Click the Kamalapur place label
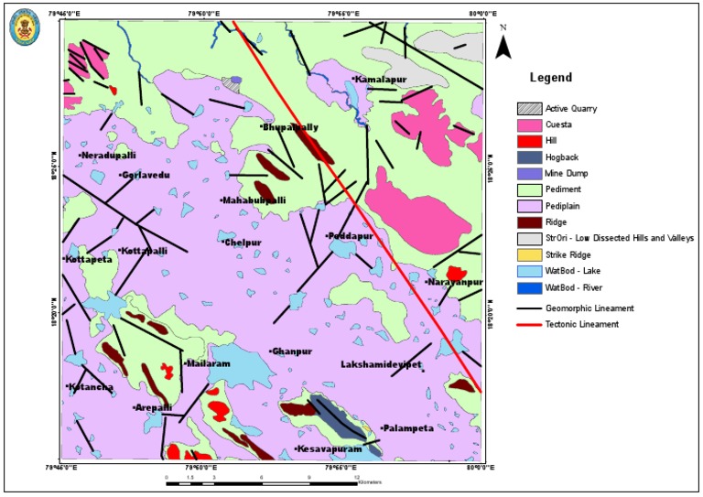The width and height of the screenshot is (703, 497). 380,80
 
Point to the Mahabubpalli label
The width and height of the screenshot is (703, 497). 254,200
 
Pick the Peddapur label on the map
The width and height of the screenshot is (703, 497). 350,236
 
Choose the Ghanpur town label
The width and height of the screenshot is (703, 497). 292,351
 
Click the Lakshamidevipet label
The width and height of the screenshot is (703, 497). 381,364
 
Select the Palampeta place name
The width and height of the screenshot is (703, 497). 407,428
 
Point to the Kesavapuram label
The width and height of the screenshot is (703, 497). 329,449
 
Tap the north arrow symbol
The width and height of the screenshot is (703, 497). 503,43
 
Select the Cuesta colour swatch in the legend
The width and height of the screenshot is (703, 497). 528,124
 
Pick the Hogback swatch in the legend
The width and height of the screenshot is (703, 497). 528,157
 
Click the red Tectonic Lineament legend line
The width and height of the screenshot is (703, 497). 528,324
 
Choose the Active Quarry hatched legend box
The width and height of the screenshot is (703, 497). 528,108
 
